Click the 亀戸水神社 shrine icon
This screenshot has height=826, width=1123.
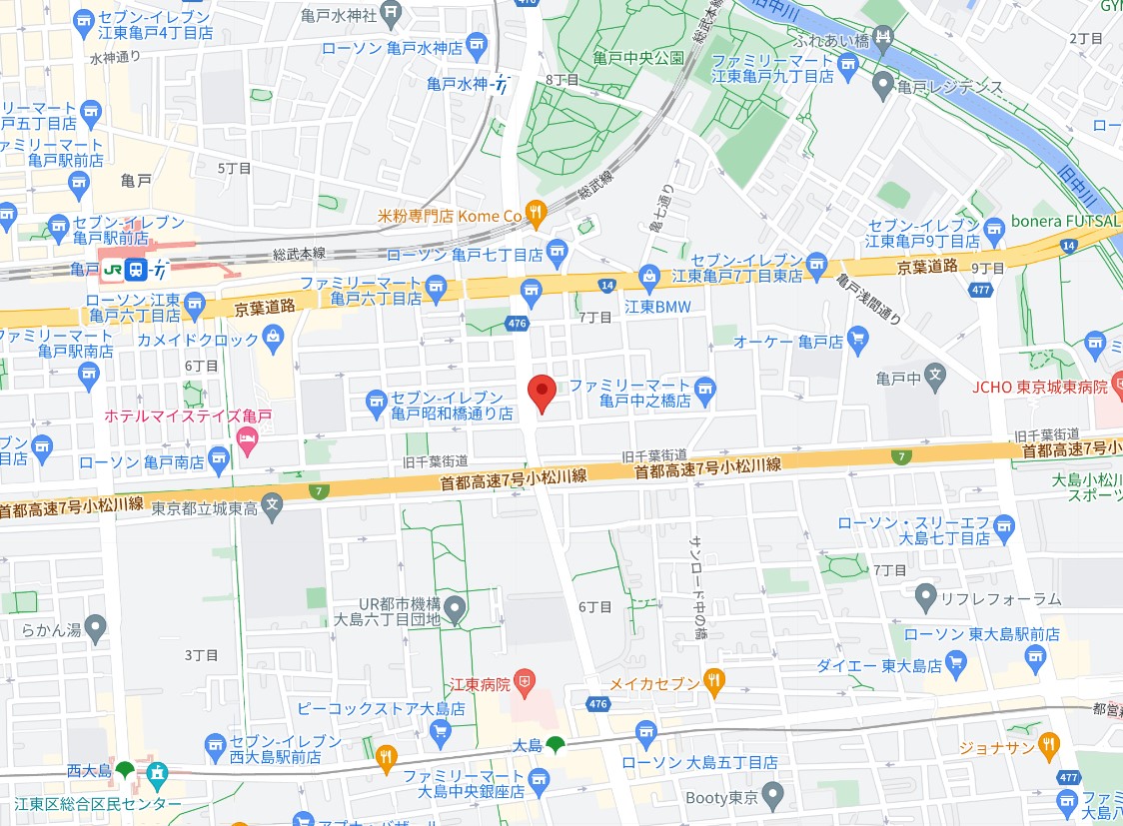click(x=391, y=15)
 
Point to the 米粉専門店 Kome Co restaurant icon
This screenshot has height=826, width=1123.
click(x=537, y=214)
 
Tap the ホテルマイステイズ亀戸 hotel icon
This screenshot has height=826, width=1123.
click(x=246, y=437)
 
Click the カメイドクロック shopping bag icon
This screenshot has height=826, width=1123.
click(x=272, y=340)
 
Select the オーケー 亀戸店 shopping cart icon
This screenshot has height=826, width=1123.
click(x=856, y=341)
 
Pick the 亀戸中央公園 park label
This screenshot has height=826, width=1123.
click(x=637, y=58)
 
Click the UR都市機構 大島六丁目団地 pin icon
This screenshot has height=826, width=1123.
click(x=456, y=606)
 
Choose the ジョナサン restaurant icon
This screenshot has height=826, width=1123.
click(x=1047, y=743)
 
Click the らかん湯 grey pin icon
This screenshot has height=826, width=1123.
click(x=95, y=629)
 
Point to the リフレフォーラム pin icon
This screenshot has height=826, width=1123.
click(x=925, y=598)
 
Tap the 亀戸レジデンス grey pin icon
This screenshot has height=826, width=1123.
click(x=882, y=86)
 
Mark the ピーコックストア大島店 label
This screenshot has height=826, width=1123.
click(x=381, y=708)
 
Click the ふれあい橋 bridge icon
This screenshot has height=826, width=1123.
click(x=883, y=40)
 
